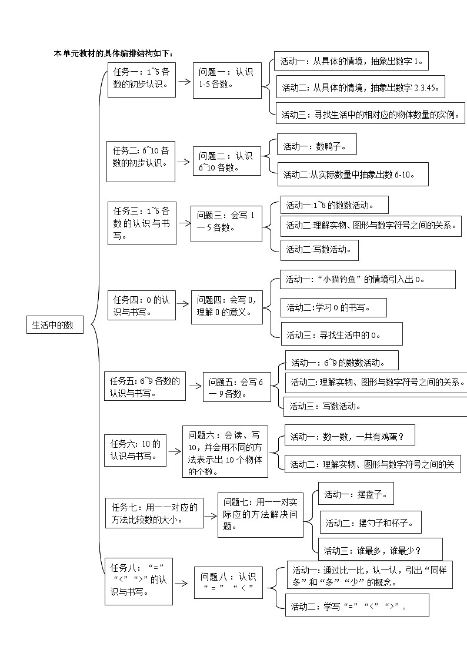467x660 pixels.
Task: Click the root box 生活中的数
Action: point(55,325)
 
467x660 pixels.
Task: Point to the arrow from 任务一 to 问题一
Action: point(185,81)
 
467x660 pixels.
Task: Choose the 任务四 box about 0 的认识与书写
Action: point(141,306)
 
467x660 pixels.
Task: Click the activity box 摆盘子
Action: point(356,494)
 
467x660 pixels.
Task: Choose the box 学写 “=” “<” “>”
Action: point(357,605)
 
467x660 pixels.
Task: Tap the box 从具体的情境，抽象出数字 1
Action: point(351,61)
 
